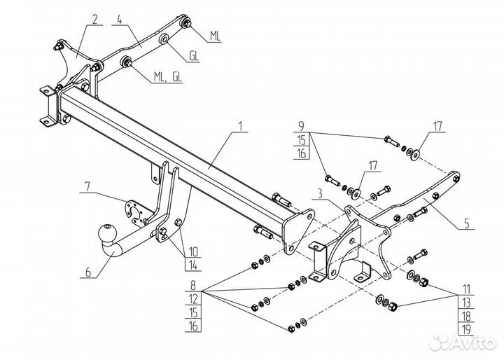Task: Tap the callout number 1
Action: pos(241,127)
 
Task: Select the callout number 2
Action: pos(94,20)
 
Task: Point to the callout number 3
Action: pos(120,20)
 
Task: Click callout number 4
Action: pos(466,223)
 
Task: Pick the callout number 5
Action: pos(88,272)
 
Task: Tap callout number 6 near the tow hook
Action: pos(87,187)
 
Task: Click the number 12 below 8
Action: pos(193,299)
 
